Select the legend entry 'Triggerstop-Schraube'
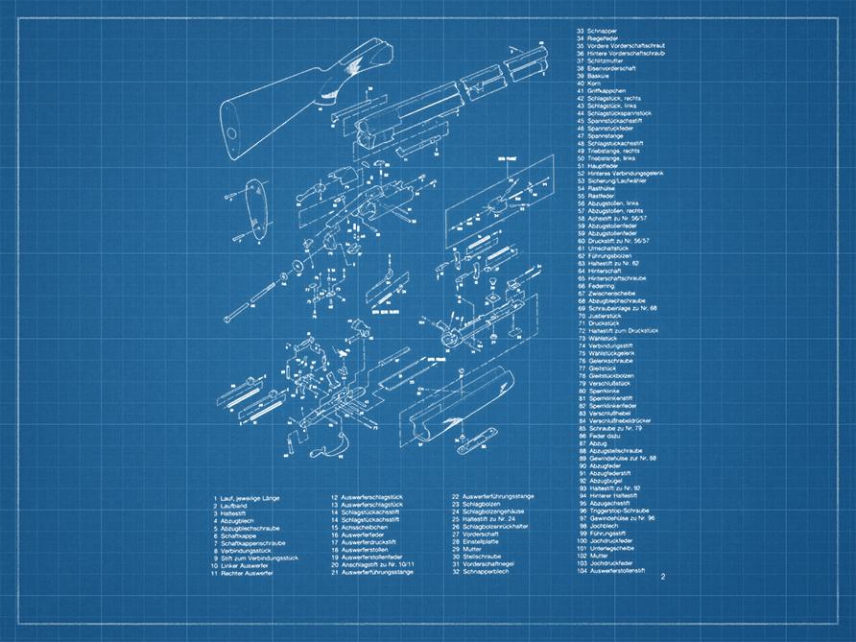tap(613, 511)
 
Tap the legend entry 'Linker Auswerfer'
tap(241, 565)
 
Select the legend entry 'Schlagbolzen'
tap(479, 505)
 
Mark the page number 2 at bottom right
tap(662, 577)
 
